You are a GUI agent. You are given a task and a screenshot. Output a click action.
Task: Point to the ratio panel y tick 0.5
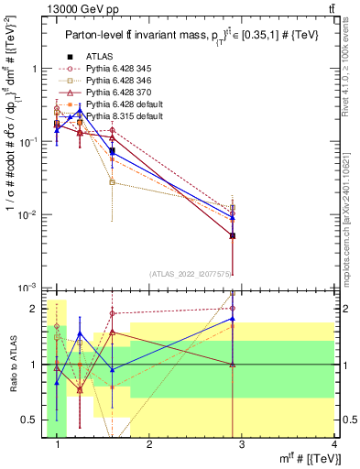pyautogui.click(x=31, y=420)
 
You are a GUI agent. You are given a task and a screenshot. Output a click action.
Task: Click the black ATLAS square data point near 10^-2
pyautogui.click(x=233, y=235)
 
